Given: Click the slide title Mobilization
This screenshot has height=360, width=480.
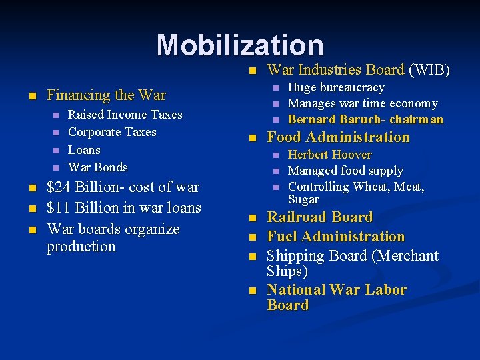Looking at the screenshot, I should click(240, 45).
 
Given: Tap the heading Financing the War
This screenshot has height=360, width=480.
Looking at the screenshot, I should click(106, 95).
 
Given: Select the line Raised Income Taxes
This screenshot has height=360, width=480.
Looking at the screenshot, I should click(125, 115).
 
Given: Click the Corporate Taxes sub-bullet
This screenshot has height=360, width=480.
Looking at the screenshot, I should click(112, 132).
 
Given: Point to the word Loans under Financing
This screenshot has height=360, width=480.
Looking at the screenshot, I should click(85, 150).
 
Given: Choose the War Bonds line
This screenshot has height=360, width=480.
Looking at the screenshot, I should click(98, 167).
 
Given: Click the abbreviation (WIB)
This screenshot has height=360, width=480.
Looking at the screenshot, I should click(429, 70).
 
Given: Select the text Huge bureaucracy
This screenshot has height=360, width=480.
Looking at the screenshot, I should click(336, 87).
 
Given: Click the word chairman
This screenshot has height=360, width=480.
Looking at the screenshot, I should click(417, 119).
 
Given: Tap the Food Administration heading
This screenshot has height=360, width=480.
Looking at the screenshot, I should click(338, 137).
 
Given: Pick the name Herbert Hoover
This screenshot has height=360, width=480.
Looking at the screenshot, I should click(330, 155).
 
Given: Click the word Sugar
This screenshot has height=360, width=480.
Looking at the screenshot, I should click(303, 199).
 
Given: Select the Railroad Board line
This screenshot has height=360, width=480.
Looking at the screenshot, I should click(319, 217).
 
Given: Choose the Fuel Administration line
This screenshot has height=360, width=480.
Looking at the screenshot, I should click(335, 237).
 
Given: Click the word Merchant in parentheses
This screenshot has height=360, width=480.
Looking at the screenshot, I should click(407, 256).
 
